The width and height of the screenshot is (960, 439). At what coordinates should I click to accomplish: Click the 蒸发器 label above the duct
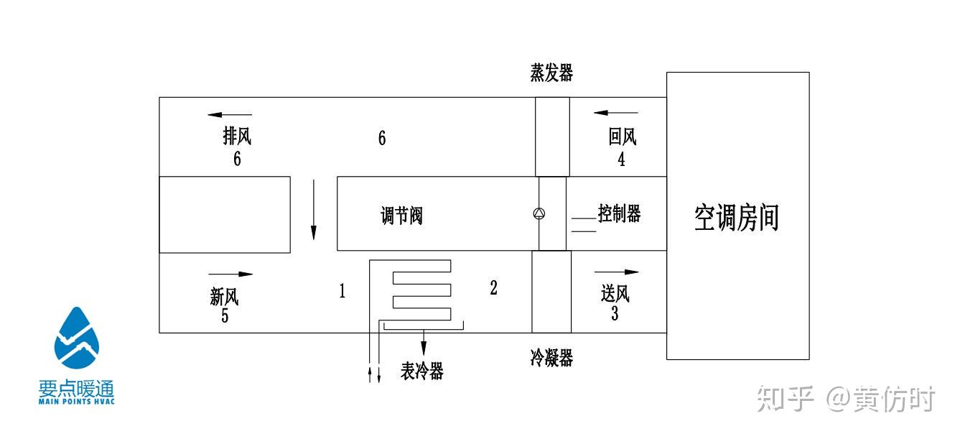click(551, 73)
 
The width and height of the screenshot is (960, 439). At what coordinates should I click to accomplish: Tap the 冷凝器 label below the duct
click(551, 358)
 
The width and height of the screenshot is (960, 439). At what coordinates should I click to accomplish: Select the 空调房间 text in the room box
click(736, 218)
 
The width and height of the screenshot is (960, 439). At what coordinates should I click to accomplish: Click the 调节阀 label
click(401, 216)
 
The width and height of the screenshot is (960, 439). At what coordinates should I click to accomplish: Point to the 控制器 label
click(619, 213)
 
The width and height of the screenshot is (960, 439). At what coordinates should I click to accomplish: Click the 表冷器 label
click(422, 371)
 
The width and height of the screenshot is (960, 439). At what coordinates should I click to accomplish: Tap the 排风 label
click(237, 136)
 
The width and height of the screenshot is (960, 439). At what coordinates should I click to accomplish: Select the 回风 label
click(623, 137)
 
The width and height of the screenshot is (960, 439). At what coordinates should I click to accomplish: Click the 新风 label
click(224, 296)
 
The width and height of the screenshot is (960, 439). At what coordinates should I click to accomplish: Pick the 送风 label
click(615, 294)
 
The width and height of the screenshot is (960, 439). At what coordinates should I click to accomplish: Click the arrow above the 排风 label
click(230, 114)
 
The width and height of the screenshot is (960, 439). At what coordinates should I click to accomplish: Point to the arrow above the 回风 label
click(616, 113)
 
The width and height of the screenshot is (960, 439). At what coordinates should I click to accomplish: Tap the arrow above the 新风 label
click(230, 274)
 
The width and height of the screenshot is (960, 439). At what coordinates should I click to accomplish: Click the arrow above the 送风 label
click(617, 272)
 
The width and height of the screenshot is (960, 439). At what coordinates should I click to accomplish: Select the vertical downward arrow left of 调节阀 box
click(314, 210)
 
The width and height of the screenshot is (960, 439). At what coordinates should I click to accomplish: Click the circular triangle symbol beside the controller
click(539, 213)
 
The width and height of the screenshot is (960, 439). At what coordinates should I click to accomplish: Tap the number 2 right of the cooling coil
click(494, 287)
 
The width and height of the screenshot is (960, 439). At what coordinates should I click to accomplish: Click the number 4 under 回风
click(621, 159)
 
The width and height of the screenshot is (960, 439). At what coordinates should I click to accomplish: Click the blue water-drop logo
click(77, 338)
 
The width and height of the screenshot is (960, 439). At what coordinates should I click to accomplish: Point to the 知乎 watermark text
click(785, 399)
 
